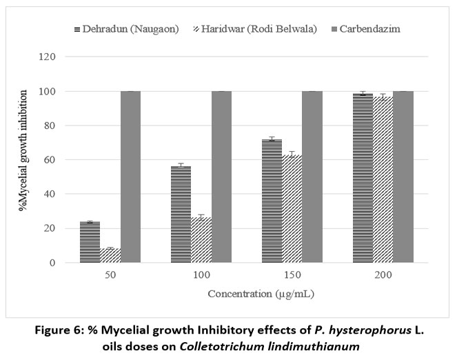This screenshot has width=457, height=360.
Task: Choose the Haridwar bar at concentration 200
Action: tap(383, 180)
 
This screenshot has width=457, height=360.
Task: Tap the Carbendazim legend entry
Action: tap(366, 29)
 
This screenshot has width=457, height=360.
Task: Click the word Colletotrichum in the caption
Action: tap(215, 346)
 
